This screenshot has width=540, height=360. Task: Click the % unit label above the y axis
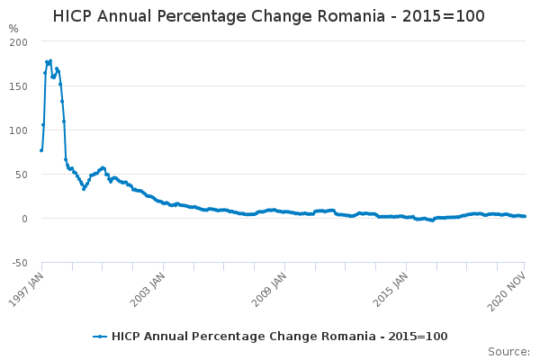(13, 29)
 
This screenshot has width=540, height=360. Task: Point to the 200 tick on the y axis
(19, 42)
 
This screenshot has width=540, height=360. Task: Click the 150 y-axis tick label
(19, 86)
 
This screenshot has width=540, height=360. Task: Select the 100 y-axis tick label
(19, 130)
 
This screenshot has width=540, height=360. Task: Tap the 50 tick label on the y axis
(22, 175)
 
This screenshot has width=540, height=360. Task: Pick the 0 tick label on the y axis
(25, 219)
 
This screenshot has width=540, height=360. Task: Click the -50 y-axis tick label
(19, 263)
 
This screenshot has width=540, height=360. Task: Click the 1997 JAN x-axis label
(26, 286)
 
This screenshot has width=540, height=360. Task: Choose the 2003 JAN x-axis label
(147, 286)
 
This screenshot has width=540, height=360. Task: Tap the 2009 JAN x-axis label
(268, 286)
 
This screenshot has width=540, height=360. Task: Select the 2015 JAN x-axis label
(390, 286)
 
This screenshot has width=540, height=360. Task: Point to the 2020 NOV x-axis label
(509, 286)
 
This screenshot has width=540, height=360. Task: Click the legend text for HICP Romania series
(279, 337)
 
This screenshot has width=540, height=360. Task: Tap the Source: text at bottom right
(508, 352)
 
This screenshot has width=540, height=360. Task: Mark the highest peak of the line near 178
(50, 60)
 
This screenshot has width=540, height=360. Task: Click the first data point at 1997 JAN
(41, 150)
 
